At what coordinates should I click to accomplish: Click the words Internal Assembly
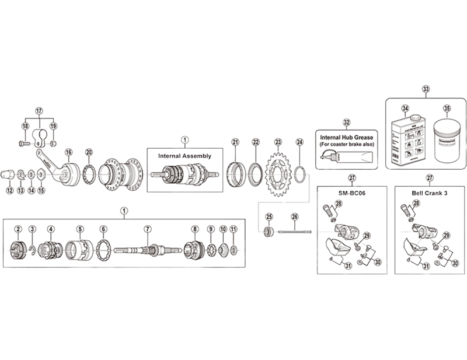coord(185,156)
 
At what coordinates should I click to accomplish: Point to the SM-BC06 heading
coord(351,193)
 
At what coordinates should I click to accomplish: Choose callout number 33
coord(426,90)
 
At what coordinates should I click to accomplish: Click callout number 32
coord(347,123)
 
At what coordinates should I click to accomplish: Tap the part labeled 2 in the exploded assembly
coord(18,250)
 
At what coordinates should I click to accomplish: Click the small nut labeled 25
coord(269,232)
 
